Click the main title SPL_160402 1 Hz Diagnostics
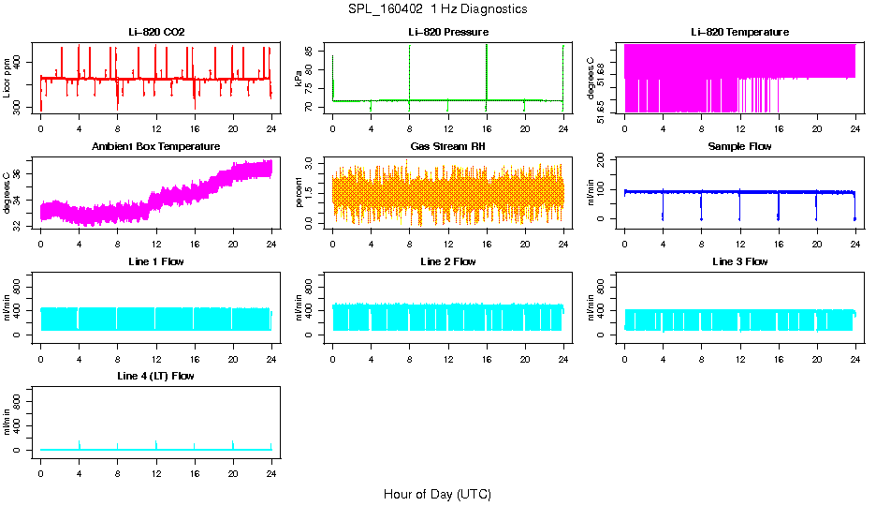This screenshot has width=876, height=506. (x=437, y=8)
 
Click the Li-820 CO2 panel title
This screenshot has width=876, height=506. (x=156, y=32)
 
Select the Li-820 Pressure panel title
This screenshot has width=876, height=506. (x=448, y=32)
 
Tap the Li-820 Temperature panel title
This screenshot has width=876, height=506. (x=739, y=32)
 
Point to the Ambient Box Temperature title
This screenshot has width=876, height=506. (x=156, y=147)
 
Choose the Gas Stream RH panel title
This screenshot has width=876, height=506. (x=448, y=147)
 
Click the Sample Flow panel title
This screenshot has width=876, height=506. (x=739, y=147)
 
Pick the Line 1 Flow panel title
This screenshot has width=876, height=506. (x=156, y=261)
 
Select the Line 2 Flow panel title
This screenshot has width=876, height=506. (x=448, y=261)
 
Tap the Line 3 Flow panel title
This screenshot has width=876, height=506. (x=739, y=261)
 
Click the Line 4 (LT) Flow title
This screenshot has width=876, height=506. (x=156, y=376)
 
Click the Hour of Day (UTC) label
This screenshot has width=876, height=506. (x=437, y=494)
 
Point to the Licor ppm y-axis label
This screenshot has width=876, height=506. (x=7, y=78)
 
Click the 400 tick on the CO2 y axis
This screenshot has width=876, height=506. (x=22, y=62)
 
